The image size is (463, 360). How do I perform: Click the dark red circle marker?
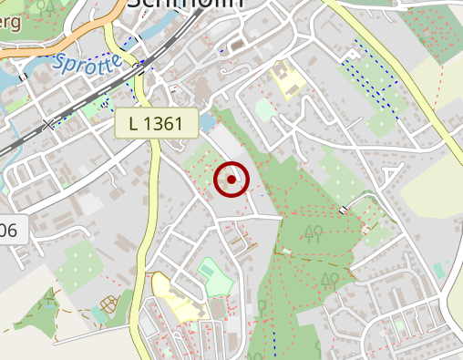pyautogui.click(x=231, y=180)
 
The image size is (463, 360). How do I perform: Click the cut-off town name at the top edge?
pyautogui.click(x=187, y=4)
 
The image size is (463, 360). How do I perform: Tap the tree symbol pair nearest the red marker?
pyautogui.click(x=314, y=232)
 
